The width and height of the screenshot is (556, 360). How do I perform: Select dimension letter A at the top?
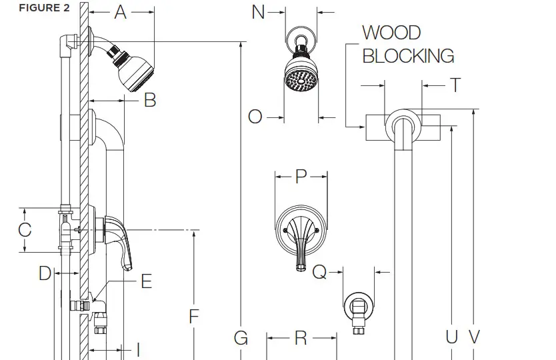click(x=121, y=12)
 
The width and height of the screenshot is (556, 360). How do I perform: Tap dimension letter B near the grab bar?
click(x=150, y=100)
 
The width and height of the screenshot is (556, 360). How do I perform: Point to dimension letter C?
click(x=25, y=230)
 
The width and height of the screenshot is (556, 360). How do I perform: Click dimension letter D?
click(x=44, y=273)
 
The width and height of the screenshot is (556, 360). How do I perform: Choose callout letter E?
click(x=146, y=281)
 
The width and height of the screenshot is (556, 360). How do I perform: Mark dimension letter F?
click(x=194, y=315)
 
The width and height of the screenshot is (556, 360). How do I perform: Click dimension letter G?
click(x=241, y=338)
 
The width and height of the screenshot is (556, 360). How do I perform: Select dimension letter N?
click(x=259, y=12)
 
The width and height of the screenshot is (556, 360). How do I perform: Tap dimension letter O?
click(x=255, y=117)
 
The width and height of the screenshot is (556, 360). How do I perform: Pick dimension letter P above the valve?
click(x=301, y=176)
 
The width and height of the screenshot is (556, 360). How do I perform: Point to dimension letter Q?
click(x=320, y=272)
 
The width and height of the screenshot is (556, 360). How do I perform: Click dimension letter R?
click(x=301, y=338)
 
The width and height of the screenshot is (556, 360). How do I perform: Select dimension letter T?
click(x=455, y=85)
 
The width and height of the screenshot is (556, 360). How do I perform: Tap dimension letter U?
click(x=452, y=337)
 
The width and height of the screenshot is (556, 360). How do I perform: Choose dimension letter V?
click(x=474, y=337)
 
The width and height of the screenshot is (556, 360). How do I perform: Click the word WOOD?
click(x=391, y=33)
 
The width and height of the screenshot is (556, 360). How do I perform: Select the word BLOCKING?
click(x=408, y=56)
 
